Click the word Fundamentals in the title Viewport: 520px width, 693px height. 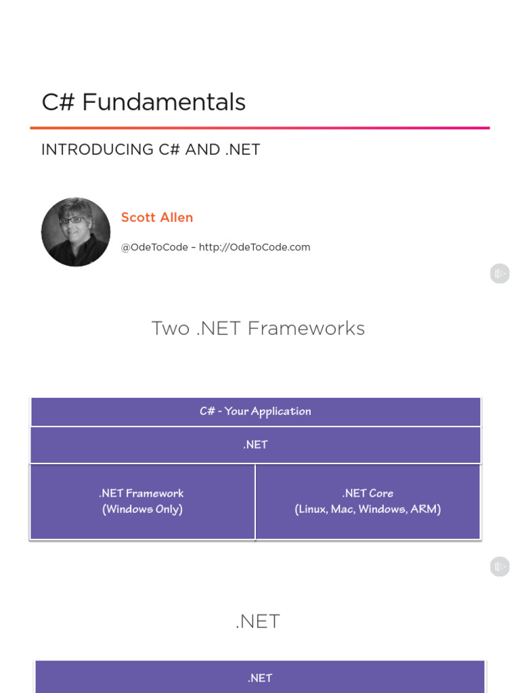coord(164,103)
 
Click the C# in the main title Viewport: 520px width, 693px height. coord(58,103)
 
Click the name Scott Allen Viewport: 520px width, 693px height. coord(157,217)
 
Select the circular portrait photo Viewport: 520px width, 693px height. coord(76,232)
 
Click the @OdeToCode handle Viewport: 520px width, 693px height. coord(154,247)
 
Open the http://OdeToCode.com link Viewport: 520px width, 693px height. coord(255,247)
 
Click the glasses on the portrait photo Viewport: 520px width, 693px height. coord(72,220)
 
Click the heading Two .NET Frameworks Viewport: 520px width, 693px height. coord(258,328)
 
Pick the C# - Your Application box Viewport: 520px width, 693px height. coord(255,411)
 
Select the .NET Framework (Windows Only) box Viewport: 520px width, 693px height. coord(142,501)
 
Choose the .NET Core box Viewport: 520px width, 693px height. coord(368,501)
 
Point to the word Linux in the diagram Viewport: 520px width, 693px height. coord(312,509)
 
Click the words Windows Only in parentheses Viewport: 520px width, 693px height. coord(142,509)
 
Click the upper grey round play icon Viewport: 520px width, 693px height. coord(500,273)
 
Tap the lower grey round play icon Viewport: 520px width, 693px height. coord(500,567)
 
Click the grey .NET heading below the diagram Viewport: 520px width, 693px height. coord(258,621)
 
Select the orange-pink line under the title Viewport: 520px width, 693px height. coord(260,127)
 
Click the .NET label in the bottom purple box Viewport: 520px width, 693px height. coord(260,677)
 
